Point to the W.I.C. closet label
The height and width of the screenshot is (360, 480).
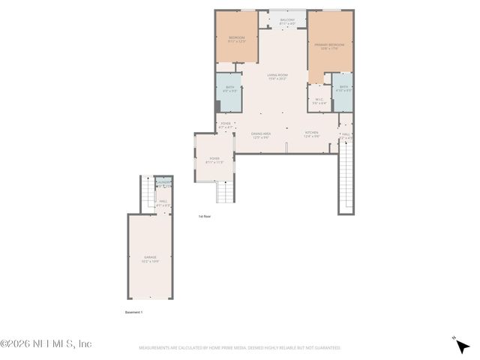(x=319, y=100)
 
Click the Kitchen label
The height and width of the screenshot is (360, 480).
(x=311, y=135)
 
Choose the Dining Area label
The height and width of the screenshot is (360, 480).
(x=261, y=135)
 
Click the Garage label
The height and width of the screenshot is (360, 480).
(x=150, y=259)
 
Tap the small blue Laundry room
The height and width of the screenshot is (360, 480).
(x=163, y=183)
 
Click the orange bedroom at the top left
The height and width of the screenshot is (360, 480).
(x=237, y=39)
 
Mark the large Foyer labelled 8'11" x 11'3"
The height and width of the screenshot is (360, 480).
(x=214, y=160)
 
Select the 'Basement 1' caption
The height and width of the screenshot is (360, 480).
(x=133, y=311)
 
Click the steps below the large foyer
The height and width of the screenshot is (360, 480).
(x=226, y=193)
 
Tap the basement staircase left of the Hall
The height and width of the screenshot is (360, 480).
(x=148, y=193)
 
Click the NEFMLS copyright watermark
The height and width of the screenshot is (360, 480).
(x=46, y=343)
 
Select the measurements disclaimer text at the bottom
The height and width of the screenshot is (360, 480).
(x=240, y=348)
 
